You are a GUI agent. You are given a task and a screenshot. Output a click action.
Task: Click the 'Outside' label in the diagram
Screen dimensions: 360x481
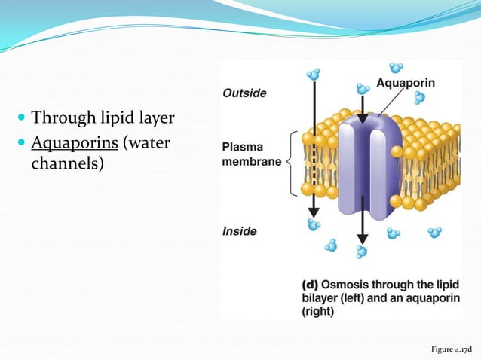point(244,93)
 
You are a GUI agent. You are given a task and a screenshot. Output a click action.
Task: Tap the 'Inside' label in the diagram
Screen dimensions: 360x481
point(240,231)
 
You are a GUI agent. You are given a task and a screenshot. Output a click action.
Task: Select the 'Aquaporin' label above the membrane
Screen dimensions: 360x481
point(406,83)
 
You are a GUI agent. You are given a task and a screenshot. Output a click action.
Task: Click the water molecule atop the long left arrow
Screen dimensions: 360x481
point(313,74)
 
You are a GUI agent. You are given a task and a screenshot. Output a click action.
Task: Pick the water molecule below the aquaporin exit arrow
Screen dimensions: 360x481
point(363,251)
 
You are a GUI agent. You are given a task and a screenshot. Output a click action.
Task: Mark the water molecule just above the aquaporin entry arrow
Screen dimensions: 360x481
point(363,89)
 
